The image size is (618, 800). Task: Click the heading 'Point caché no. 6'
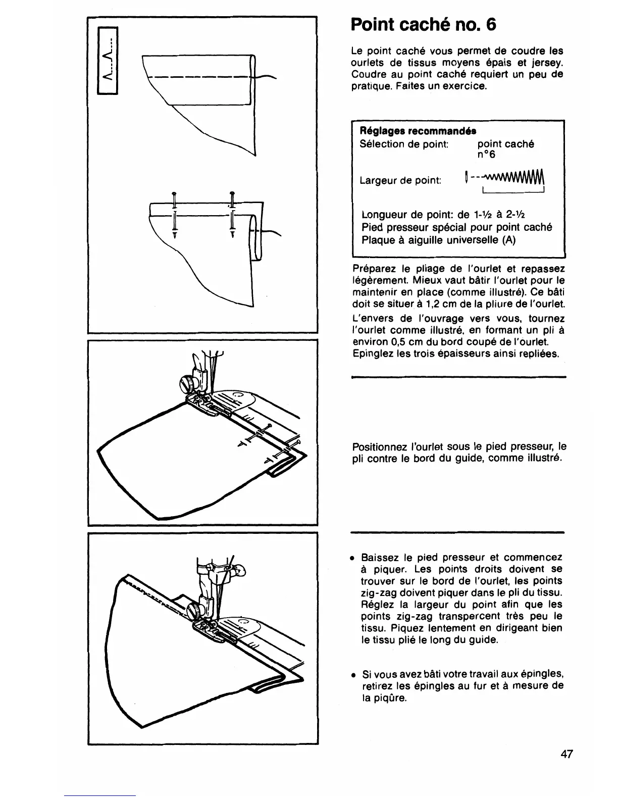click(x=424, y=24)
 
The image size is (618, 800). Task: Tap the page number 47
click(x=566, y=755)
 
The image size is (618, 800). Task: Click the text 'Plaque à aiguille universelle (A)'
click(x=438, y=240)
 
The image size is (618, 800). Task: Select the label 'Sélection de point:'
click(x=404, y=144)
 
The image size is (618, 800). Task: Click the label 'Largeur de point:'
click(x=400, y=180)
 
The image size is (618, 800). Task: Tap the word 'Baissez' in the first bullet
click(x=380, y=558)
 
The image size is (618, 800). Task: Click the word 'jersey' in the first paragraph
click(x=548, y=63)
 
